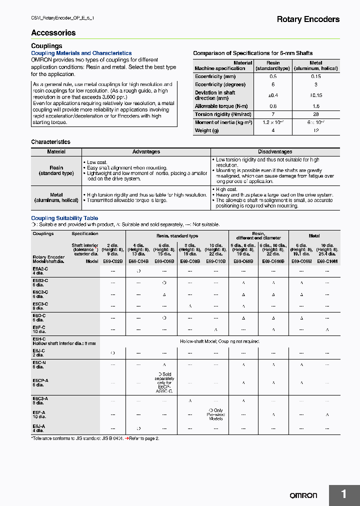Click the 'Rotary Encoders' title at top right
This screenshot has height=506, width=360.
click(x=308, y=19)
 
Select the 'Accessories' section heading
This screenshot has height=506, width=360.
click(x=53, y=33)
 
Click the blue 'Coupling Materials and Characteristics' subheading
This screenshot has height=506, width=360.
click(x=81, y=53)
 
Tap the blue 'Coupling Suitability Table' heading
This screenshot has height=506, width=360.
click(x=64, y=218)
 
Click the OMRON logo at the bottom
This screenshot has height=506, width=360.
click(x=303, y=495)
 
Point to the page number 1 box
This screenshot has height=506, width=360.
click(x=344, y=494)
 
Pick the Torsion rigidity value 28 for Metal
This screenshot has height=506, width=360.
click(x=315, y=114)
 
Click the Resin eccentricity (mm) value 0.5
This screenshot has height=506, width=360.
click(x=273, y=76)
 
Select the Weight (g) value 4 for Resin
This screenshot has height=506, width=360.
click(x=273, y=130)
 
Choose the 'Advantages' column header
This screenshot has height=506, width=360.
click(x=146, y=151)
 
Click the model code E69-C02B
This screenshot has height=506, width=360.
click(x=112, y=261)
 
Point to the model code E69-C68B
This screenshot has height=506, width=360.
click(x=243, y=261)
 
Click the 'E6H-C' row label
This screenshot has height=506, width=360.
click(x=39, y=339)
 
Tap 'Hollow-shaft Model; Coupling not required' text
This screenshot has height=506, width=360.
click(x=219, y=341)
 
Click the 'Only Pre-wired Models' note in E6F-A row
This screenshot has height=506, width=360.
click(x=215, y=414)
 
